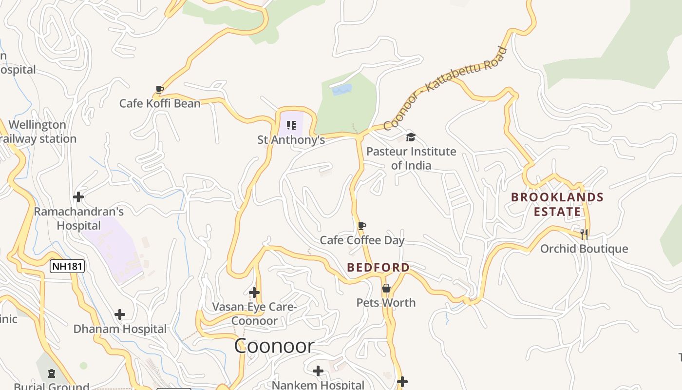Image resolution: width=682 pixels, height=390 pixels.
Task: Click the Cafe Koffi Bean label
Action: [x=160, y=103]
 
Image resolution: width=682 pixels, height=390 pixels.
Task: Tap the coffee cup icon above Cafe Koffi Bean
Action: [x=159, y=89]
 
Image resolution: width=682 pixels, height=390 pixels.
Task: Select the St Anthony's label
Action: [x=291, y=140]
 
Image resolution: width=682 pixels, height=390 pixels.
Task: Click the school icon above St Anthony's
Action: [x=291, y=125]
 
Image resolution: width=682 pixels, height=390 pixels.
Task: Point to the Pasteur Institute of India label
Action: [x=411, y=158]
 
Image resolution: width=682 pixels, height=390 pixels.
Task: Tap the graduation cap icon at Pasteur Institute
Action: [x=411, y=137]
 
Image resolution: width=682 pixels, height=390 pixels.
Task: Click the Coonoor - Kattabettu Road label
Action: [x=445, y=88]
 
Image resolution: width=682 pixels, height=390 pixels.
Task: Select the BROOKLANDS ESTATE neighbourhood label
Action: [x=557, y=204]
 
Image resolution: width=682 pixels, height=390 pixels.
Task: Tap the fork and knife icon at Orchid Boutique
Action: [x=584, y=234]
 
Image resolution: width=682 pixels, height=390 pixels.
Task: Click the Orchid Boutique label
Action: [x=584, y=249]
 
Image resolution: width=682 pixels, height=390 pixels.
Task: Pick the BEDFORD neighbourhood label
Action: [x=378, y=267]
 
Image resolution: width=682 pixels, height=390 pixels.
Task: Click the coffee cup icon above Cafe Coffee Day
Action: [x=361, y=226]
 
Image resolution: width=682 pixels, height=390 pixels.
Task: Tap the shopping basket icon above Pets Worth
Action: [x=386, y=288]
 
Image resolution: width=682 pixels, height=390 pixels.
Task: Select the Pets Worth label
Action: [x=386, y=303]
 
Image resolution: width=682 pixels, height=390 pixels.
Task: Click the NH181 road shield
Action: [x=67, y=266]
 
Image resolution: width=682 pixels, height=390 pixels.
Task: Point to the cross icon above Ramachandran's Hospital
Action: [x=78, y=197]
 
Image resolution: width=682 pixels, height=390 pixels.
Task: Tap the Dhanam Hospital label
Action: [x=120, y=329]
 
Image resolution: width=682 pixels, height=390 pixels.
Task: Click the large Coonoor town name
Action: [x=274, y=346]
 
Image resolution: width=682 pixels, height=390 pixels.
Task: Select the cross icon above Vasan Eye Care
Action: [x=254, y=292]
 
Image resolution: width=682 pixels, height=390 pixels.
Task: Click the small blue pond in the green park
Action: [x=341, y=90]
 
